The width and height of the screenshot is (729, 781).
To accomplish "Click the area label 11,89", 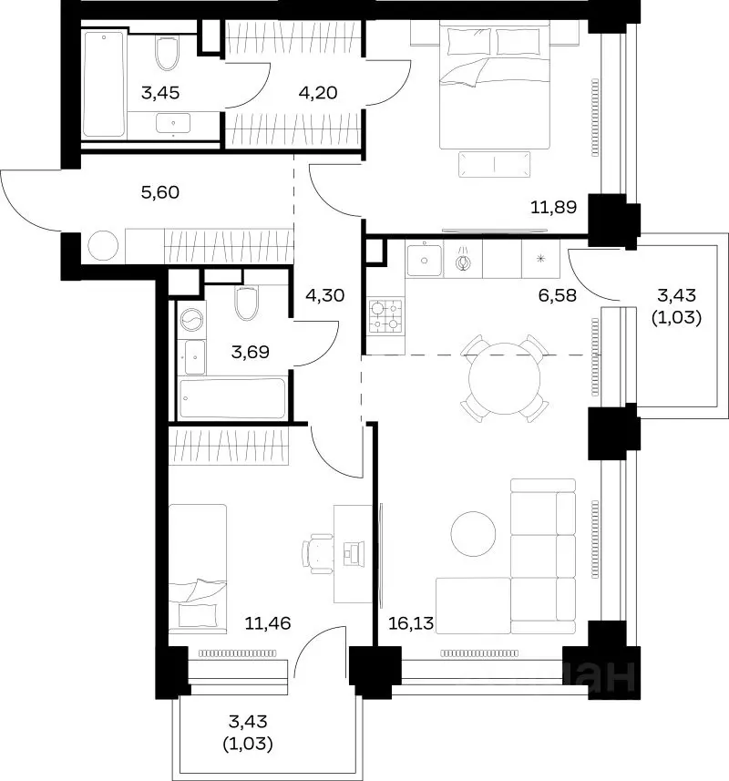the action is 553,207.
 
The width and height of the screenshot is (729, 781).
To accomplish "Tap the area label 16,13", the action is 411,622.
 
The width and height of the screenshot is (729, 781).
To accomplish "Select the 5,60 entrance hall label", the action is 160,192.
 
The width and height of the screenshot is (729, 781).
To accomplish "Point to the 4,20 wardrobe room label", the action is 319,93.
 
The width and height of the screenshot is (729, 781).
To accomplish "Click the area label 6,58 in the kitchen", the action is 557,295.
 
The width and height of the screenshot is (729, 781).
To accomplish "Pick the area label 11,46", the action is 268,622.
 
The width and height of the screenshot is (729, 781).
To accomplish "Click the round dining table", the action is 505,378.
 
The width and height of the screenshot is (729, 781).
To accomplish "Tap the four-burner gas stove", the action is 385,316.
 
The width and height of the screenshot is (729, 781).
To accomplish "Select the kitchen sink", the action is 425,260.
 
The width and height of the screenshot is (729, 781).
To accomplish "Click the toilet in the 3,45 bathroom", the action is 167,53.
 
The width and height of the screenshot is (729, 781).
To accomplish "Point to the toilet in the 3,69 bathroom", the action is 246,303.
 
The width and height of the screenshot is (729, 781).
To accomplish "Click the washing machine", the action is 191,320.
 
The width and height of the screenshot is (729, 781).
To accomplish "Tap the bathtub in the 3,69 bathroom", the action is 232,398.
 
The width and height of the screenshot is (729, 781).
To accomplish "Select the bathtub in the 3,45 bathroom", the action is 104,84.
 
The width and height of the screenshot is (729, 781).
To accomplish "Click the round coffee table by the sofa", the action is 473,534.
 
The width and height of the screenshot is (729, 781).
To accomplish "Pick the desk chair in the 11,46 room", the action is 318,551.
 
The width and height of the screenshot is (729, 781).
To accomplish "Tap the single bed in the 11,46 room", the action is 198,569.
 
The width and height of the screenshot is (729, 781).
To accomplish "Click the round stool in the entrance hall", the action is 104,245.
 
